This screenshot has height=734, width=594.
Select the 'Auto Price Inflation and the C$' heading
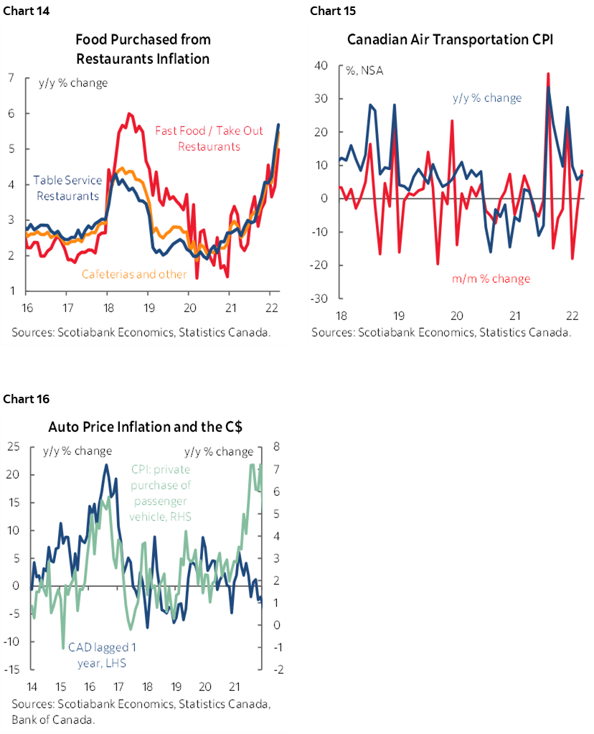coord(146,427)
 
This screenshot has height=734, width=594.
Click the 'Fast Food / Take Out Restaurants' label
coord(197,138)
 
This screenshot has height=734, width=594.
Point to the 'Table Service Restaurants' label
coord(67,188)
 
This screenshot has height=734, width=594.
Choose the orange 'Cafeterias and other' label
coord(134,274)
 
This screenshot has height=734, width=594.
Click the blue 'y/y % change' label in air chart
coord(486,98)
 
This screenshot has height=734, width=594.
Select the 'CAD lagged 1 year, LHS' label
coord(102,654)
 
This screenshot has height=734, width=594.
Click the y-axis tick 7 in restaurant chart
coord(12,77)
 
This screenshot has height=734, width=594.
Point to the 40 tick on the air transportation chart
coord(321,66)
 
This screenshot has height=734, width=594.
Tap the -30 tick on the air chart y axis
coord(319,298)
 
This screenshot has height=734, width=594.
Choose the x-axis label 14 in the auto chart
coord(32,685)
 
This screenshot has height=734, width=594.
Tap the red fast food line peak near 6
coord(129,113)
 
